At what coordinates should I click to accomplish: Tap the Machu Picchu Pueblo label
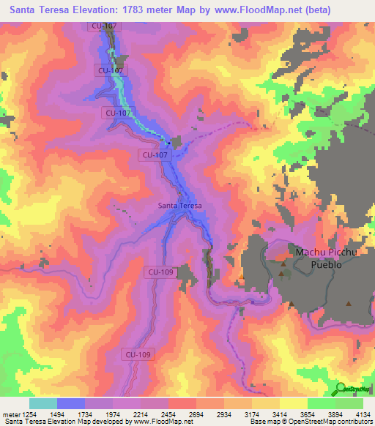click(325, 258)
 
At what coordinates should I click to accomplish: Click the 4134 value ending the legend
click(362, 414)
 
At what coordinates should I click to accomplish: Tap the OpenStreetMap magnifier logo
click(341, 387)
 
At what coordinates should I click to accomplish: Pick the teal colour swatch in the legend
click(43, 403)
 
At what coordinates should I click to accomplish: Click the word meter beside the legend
click(10, 414)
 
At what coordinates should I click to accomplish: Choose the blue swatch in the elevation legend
click(71, 403)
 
